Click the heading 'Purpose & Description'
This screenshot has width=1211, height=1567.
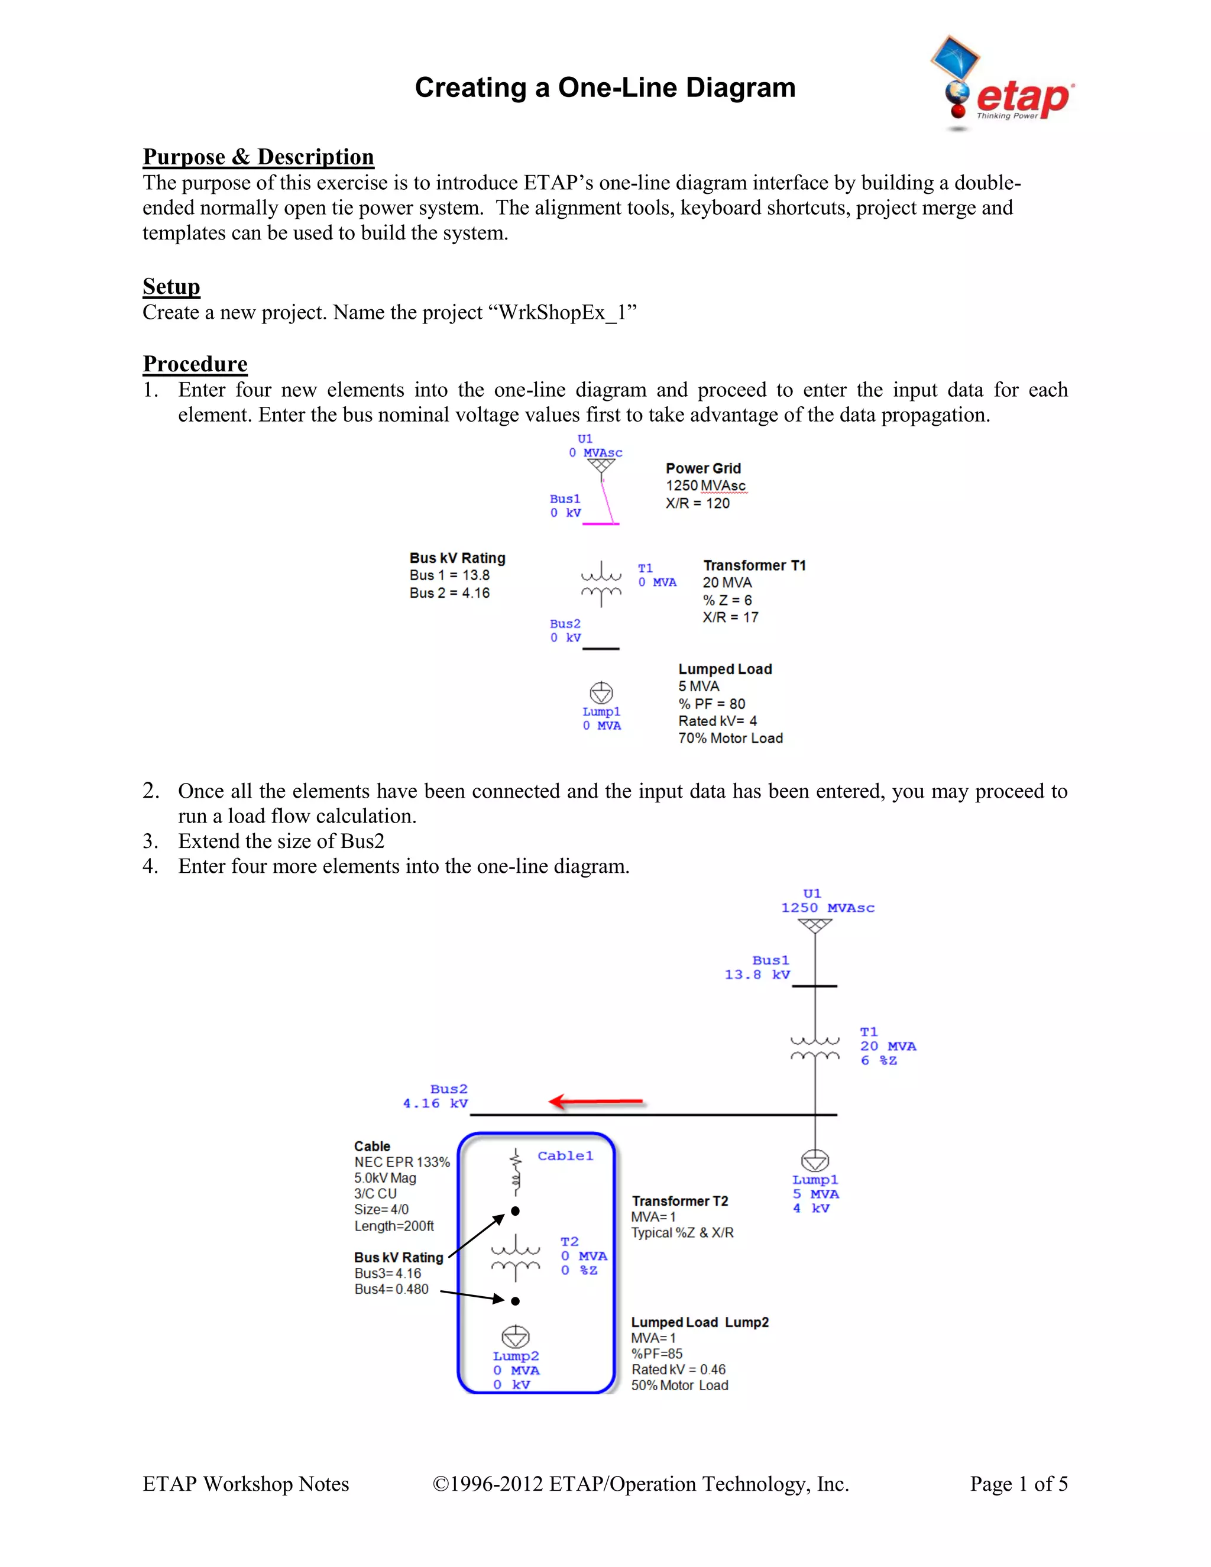pos(258,157)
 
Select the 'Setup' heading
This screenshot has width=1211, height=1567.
pos(171,287)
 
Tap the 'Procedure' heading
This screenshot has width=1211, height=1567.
pos(195,364)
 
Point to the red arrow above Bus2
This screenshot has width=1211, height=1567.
pos(595,1102)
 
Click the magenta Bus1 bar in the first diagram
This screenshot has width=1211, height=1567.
pos(601,524)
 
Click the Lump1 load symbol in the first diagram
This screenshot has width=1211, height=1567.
pos(601,692)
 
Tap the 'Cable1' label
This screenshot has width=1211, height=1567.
pos(565,1156)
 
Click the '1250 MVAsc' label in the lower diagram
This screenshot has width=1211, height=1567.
pos(827,908)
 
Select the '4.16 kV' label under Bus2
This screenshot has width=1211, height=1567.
pos(435,1103)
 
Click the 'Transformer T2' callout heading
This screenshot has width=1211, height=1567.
pos(679,1201)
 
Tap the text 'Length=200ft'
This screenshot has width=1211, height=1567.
pos(394,1226)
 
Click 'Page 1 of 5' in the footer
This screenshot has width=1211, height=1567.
pos(1019,1484)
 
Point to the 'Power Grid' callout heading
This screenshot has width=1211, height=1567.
pos(703,468)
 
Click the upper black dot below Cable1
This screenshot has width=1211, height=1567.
pos(515,1211)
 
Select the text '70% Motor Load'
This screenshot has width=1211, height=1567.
pos(730,739)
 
